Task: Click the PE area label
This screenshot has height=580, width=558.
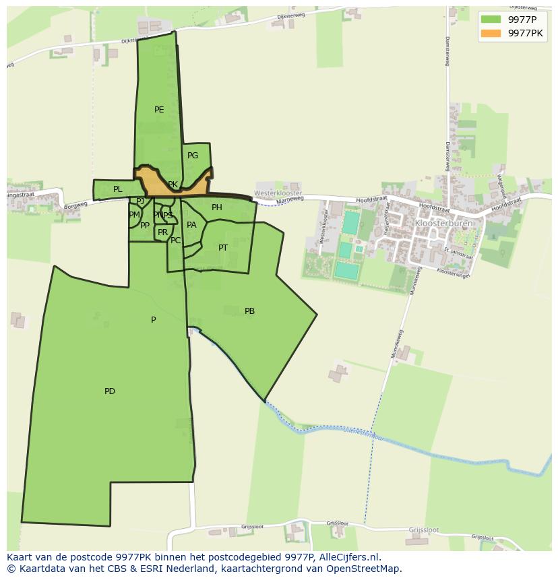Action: pos(159,110)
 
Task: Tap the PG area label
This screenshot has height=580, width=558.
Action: pos(193,156)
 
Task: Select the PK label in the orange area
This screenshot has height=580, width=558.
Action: pos(173,185)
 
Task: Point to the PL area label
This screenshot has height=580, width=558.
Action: pos(118,189)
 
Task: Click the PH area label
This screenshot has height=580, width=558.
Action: pos(217,207)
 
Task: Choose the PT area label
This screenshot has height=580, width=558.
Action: pos(223,248)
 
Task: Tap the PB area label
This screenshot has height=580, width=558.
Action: pos(249,311)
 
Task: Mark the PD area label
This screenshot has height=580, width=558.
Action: pos(110,391)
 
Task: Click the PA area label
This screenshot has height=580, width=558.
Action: pos(191,225)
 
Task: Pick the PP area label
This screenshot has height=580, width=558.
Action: pos(145,226)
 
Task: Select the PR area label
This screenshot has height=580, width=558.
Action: pos(162,232)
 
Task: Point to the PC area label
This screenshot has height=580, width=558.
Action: pos(175,240)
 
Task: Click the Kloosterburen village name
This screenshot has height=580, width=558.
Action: pos(443,223)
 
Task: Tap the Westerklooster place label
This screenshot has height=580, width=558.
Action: pos(278,193)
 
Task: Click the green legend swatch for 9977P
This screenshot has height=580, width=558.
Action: pos(491,19)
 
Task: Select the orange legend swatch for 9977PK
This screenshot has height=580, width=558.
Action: pos(491,33)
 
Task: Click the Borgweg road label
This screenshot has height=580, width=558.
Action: pos(76,203)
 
